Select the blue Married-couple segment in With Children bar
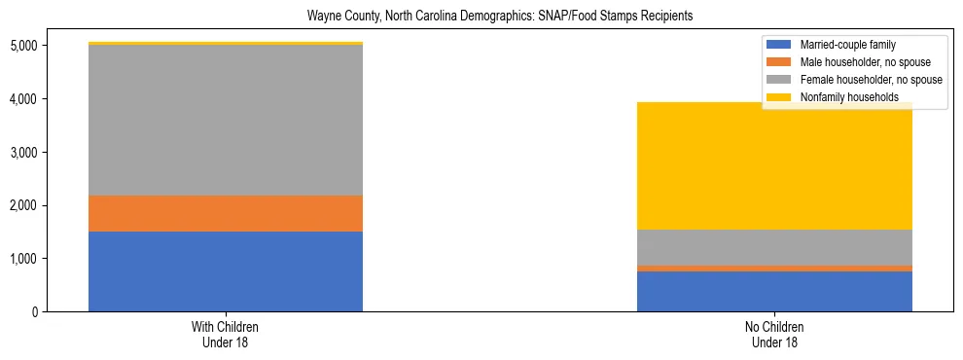pos(226,271)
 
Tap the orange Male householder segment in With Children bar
pos(226,213)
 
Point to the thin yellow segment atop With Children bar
pos(226,44)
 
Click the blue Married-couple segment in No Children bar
pos(774,291)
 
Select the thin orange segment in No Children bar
pos(774,268)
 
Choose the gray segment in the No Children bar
pos(774,247)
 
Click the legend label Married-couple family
pos(847,45)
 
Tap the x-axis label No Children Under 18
pos(774,335)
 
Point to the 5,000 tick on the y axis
pos(23,46)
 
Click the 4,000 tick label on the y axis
pos(23,99)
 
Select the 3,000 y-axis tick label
pos(23,153)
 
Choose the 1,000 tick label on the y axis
pos(23,259)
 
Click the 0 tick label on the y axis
pos(35,312)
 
